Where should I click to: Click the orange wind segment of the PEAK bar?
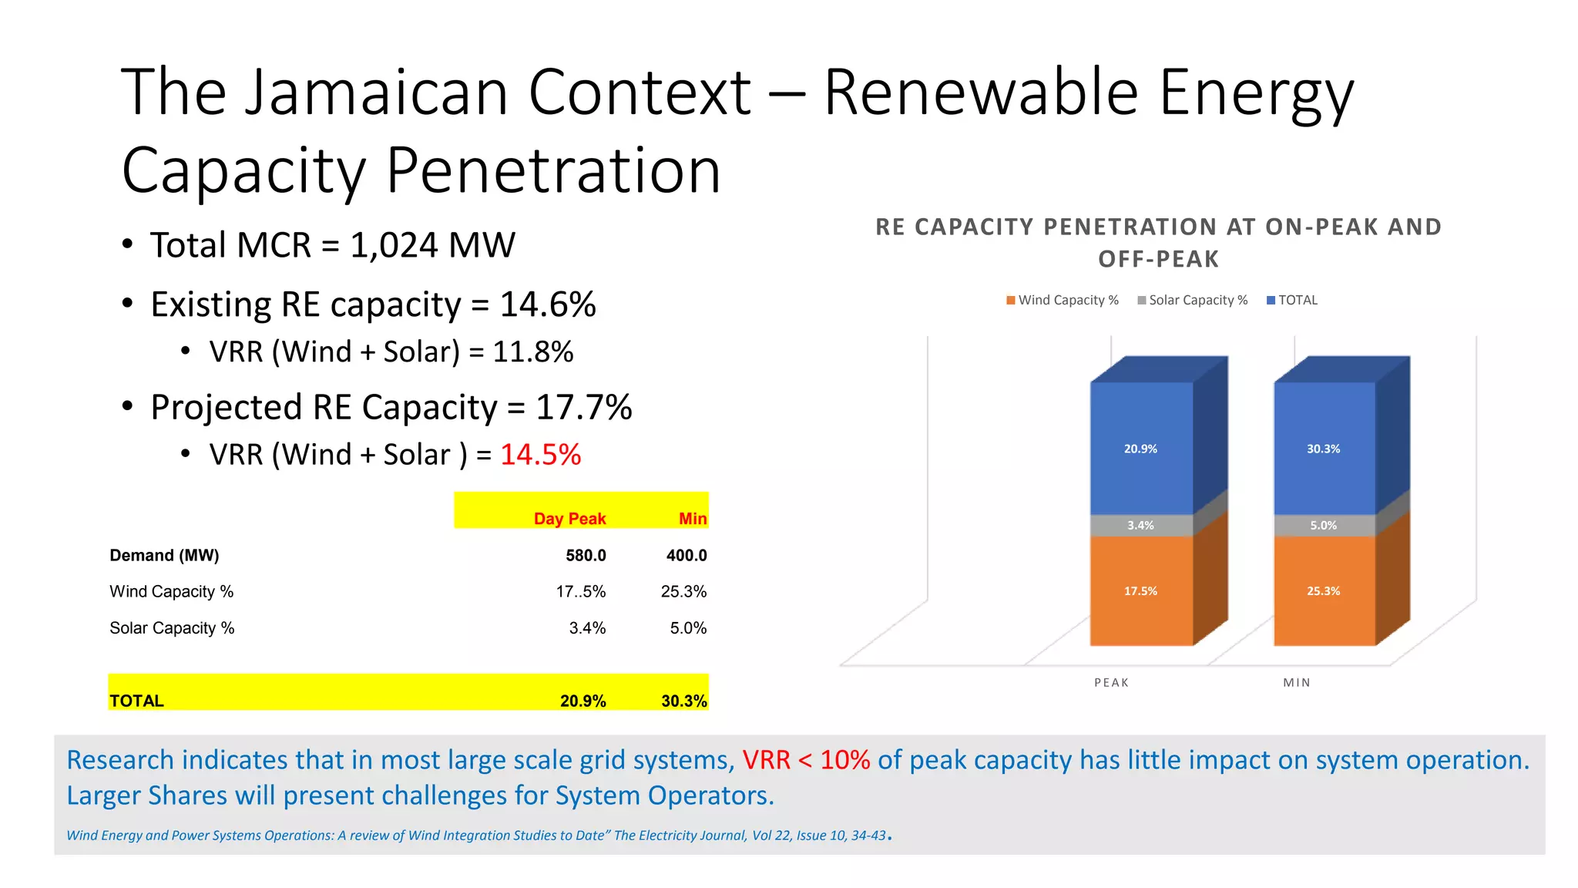click(1141, 590)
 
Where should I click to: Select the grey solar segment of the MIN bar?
click(1324, 526)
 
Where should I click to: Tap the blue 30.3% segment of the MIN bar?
click(1324, 449)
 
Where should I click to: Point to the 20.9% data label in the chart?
click(1140, 449)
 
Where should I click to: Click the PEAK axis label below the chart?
click(1111, 682)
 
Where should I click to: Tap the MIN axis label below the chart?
click(1297, 682)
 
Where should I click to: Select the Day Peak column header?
click(569, 519)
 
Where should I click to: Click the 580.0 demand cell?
click(586, 555)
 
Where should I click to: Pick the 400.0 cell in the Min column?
click(687, 555)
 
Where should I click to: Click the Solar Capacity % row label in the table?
click(172, 628)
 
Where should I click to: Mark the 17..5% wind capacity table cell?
click(581, 591)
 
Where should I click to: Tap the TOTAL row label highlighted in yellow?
click(136, 701)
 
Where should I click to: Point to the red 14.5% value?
click(540, 454)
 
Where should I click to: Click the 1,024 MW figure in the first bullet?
click(432, 246)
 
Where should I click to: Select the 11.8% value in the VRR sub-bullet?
click(532, 351)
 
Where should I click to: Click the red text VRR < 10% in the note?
click(806, 760)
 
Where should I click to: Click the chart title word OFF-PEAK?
click(1158, 259)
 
